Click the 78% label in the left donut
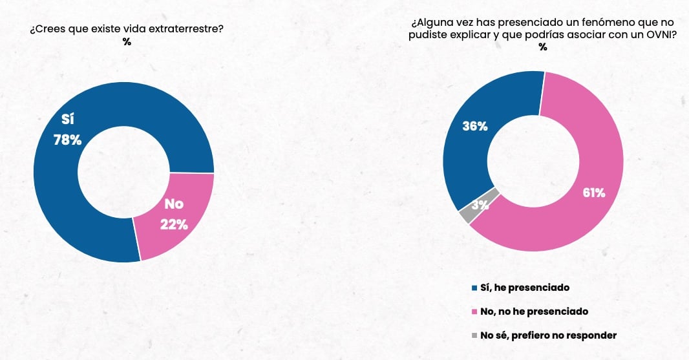click(67, 140)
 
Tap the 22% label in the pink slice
click(174, 225)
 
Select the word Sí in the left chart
click(68, 120)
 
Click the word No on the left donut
click(174, 204)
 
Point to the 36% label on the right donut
click(474, 127)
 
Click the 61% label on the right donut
click(593, 193)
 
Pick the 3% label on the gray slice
click(479, 206)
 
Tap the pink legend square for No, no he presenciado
click(475, 312)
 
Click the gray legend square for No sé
click(475, 335)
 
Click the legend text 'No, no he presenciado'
click(535, 312)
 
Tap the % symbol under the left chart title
click(127, 43)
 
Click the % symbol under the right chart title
click(543, 48)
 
